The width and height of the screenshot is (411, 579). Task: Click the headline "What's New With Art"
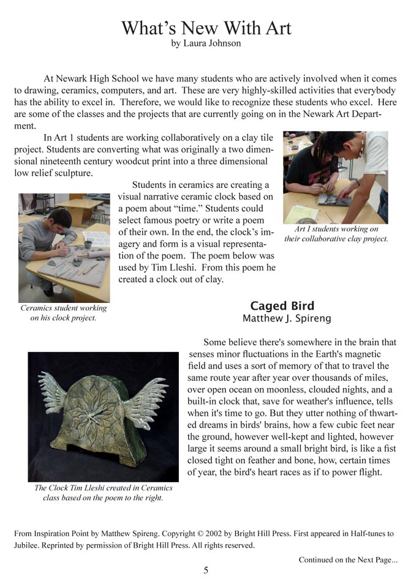click(206, 28)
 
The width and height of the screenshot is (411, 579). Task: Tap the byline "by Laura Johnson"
click(206, 43)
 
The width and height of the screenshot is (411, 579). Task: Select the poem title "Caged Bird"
click(282, 306)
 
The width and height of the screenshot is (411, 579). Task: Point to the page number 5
click(206, 570)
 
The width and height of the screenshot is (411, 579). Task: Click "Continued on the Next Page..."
click(347, 559)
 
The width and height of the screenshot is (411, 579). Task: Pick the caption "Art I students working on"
click(336, 230)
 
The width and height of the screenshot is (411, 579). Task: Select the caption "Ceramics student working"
click(64, 308)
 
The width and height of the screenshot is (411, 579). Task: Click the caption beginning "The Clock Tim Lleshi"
click(103, 488)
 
